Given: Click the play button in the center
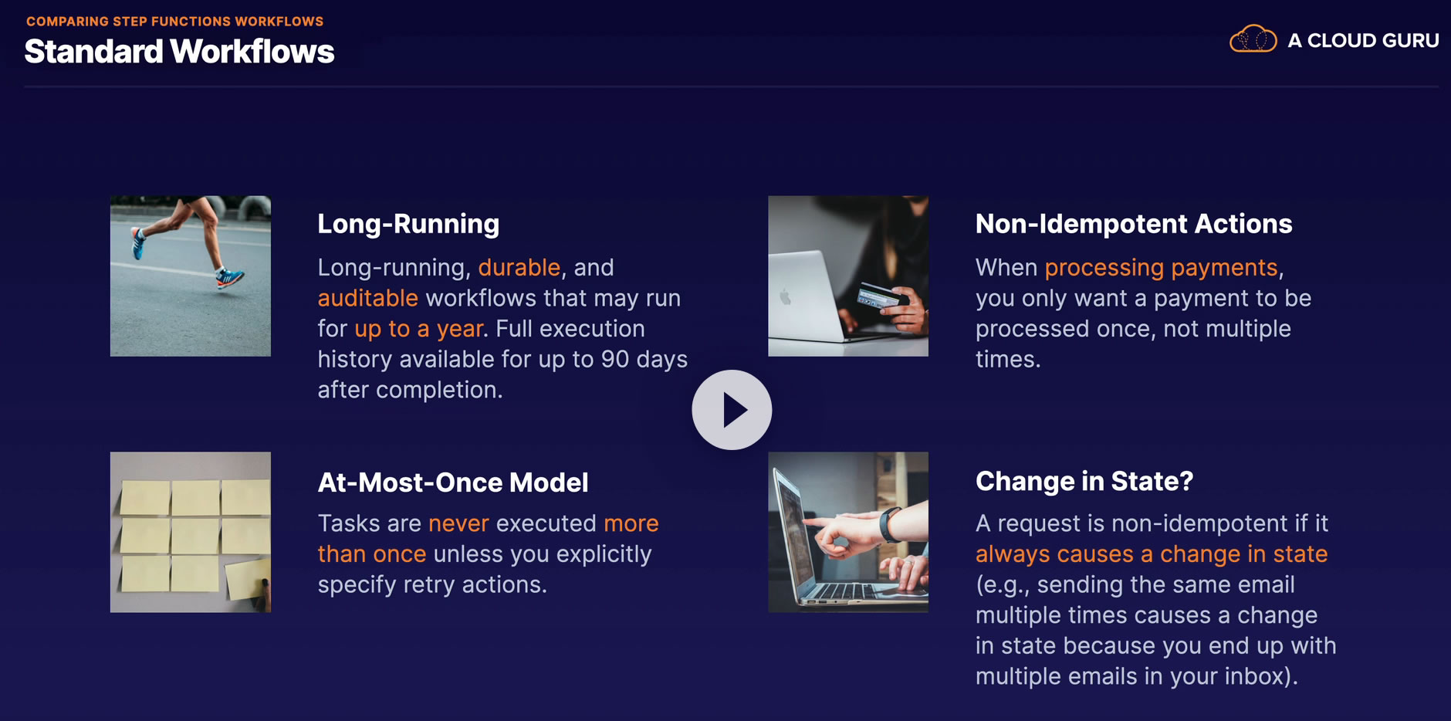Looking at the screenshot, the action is tap(732, 410).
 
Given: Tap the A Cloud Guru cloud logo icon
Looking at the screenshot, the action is tap(1253, 39).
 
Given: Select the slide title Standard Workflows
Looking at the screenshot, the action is tap(179, 52).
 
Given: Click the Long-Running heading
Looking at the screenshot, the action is tap(408, 224).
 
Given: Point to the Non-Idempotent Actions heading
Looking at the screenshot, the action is tap(1133, 224).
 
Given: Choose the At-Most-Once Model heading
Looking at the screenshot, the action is tap(453, 482).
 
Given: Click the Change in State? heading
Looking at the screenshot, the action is tap(1084, 481).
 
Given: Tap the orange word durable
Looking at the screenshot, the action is tap(519, 267).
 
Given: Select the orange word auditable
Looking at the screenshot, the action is tap(367, 298).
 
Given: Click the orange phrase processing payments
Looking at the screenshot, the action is tap(1162, 268).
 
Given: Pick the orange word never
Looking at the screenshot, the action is tap(458, 523).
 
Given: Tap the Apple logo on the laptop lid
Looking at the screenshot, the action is tap(786, 297).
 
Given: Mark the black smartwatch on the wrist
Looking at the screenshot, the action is tap(890, 524).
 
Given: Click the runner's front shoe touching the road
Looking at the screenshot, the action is tap(230, 277).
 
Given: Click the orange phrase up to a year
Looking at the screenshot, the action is tap(419, 329).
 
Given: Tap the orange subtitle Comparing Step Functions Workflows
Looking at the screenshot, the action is tap(175, 22).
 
